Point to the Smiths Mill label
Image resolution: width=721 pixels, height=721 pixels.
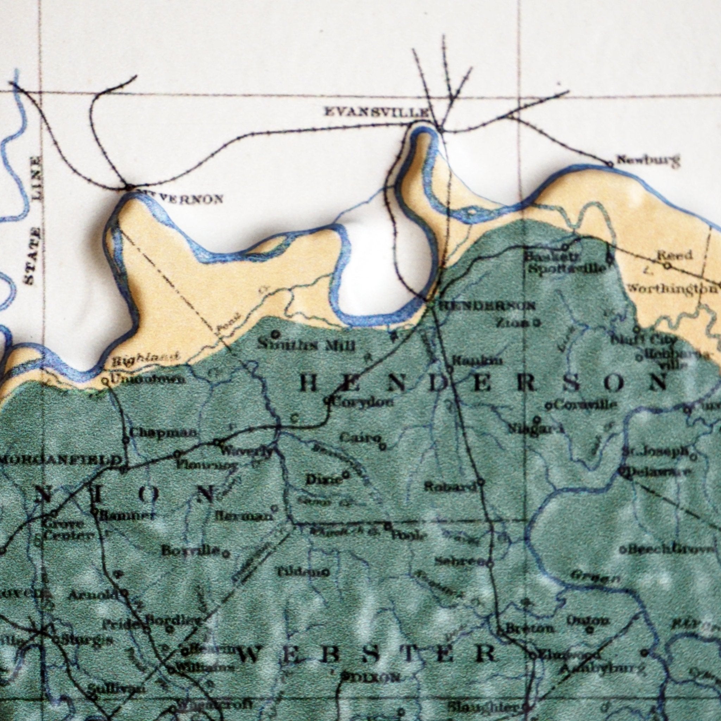(x=306, y=346)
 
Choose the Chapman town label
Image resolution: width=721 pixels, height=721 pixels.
(x=163, y=433)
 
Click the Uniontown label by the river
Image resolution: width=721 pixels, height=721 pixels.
(x=148, y=380)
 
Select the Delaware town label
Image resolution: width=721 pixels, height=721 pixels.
(x=659, y=472)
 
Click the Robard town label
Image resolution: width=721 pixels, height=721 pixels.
(x=450, y=487)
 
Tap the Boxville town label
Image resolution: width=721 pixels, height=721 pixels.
(x=190, y=550)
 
